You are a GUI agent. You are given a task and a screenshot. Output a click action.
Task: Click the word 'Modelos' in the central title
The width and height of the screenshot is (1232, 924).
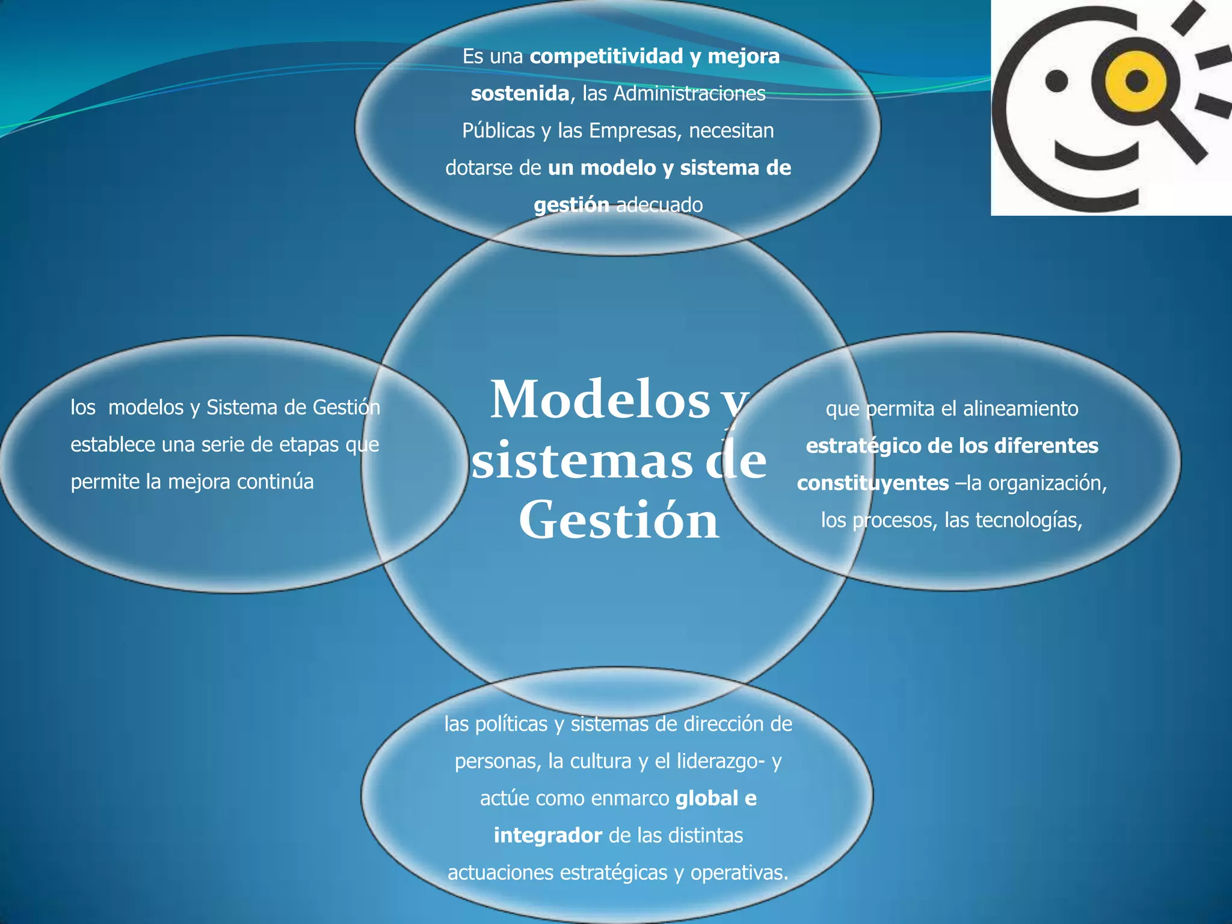[600, 400]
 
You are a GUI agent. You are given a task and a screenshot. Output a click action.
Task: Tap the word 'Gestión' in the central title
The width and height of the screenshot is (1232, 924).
[618, 520]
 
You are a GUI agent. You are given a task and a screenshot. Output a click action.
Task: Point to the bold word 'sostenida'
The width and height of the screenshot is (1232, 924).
[520, 93]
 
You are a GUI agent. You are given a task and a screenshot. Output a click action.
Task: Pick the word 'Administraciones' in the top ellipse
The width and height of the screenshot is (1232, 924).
[689, 93]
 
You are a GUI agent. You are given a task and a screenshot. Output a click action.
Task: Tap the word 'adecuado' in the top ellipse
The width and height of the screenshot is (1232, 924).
[659, 205]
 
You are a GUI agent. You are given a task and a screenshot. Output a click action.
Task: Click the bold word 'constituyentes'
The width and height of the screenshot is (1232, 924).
[873, 483]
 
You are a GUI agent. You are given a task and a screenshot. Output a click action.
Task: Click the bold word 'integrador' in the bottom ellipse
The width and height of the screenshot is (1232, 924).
[547, 836]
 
